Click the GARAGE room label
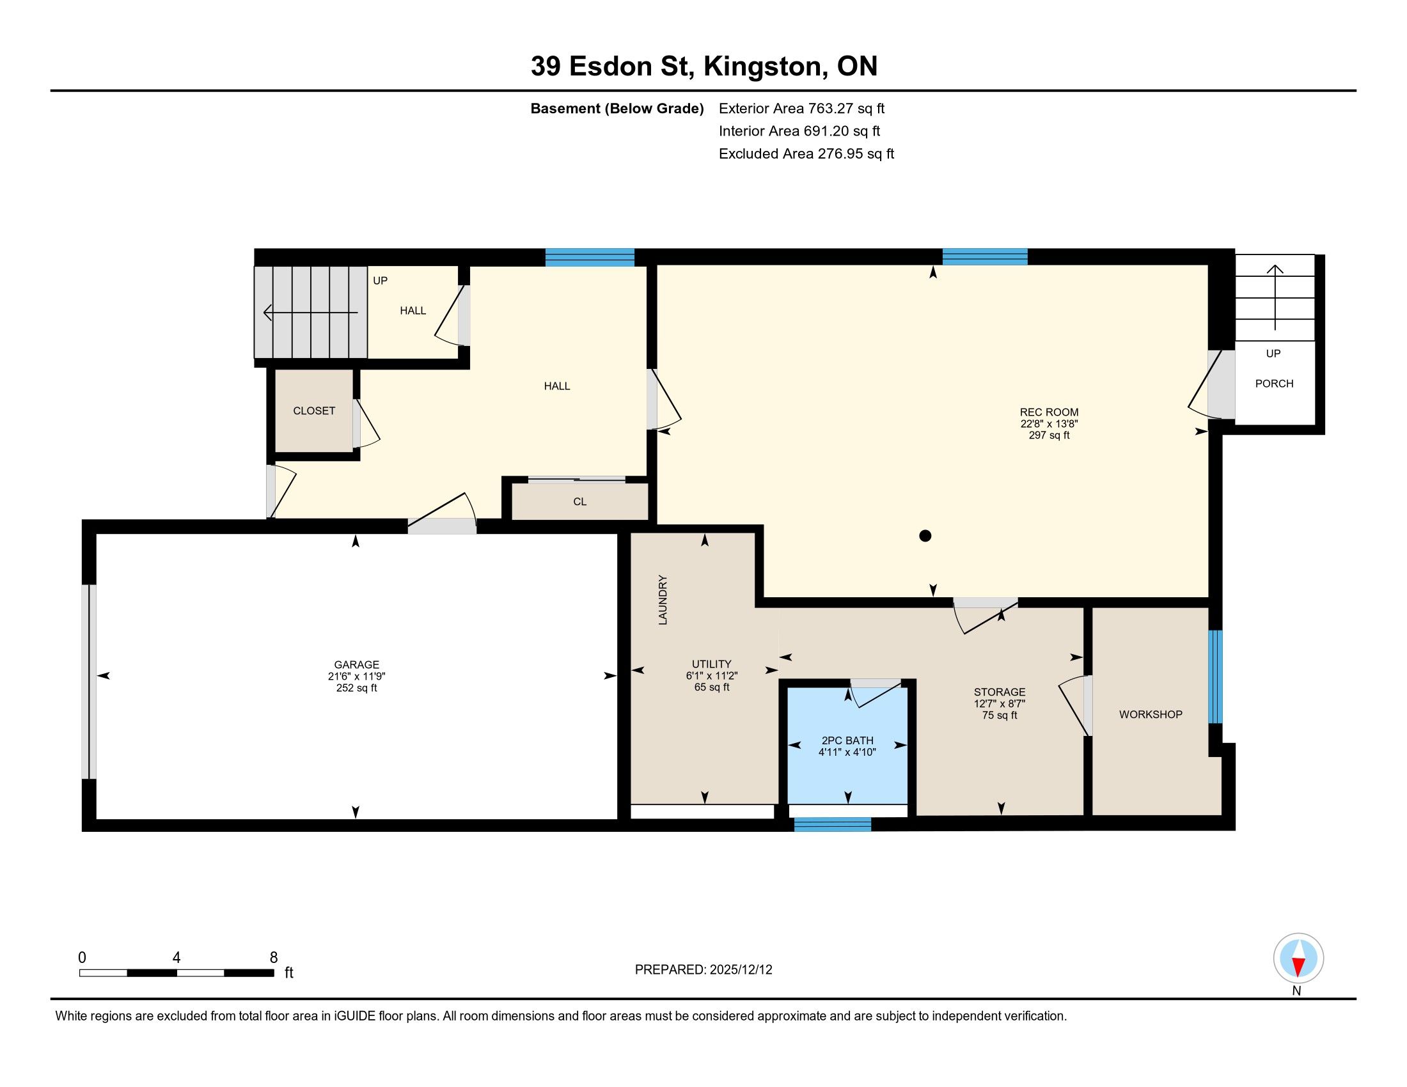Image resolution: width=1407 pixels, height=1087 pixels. pos(356,664)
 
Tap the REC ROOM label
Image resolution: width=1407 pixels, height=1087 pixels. pos(1049,412)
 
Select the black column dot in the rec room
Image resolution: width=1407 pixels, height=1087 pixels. pos(925,536)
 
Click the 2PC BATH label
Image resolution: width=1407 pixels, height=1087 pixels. pos(847,740)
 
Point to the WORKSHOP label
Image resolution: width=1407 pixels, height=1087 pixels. pos(1151,714)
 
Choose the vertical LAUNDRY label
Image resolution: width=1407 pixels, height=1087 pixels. pos(663,600)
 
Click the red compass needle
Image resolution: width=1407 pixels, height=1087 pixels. pos(1299,966)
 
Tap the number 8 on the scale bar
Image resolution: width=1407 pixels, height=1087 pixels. pos(274,957)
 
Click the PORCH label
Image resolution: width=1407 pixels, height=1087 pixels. pos(1274,383)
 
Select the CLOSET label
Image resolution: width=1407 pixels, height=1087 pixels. pos(314,411)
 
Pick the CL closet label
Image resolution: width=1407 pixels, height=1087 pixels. pos(580,502)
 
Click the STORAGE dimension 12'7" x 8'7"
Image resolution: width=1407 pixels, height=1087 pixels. pos(999,704)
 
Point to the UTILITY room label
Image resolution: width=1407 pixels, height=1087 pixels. pos(711,664)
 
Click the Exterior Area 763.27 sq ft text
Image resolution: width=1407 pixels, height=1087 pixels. pos(802,108)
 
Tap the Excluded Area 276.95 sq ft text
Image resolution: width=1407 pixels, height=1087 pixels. pos(806,153)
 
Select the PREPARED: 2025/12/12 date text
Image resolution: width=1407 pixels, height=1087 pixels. pos(703,969)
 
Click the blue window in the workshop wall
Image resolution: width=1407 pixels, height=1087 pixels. pos(1215,676)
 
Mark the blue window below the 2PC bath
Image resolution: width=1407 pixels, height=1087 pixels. pos(832,824)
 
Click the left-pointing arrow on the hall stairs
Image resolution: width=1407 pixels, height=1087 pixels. pos(311,313)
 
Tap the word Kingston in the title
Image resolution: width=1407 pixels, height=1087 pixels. pos(762,66)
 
